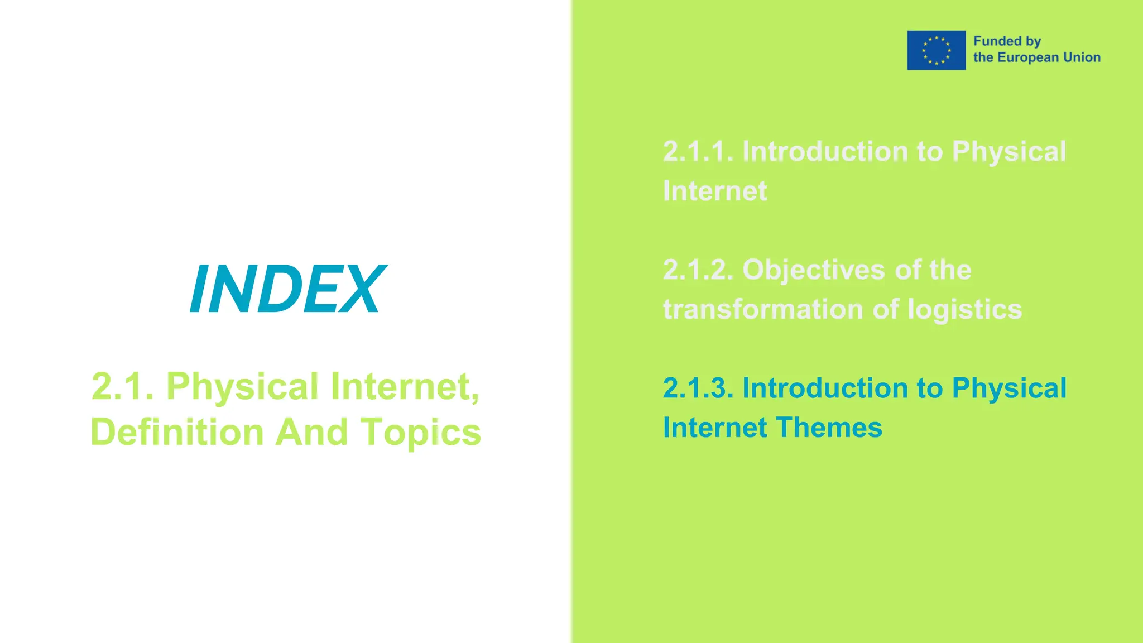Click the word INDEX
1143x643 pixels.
click(x=287, y=289)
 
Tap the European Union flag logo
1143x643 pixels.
click(x=936, y=50)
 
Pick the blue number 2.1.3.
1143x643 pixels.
click(x=698, y=388)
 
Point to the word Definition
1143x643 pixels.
click(x=177, y=433)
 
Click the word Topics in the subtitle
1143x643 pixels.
click(x=421, y=433)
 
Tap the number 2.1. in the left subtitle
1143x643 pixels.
click(x=123, y=386)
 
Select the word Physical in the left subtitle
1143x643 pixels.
click(x=243, y=386)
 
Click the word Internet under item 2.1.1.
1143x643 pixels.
click(x=715, y=191)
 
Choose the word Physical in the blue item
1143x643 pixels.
click(x=1009, y=388)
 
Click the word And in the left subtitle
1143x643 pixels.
click(x=312, y=433)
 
